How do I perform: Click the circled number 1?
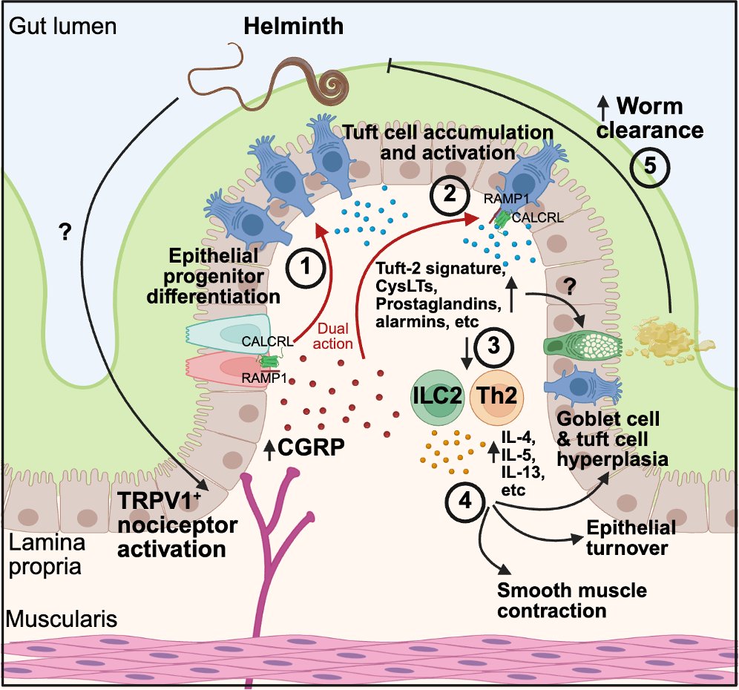click(306, 268)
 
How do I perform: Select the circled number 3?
click(493, 346)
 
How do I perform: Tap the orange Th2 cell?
click(496, 395)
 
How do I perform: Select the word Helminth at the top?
click(293, 26)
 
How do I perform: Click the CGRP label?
click(311, 447)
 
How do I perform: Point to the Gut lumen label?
click(62, 26)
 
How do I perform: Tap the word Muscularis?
click(62, 619)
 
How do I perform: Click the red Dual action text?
click(332, 336)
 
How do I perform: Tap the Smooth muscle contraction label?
click(572, 600)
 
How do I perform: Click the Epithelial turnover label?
click(631, 538)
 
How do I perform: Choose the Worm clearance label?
click(651, 118)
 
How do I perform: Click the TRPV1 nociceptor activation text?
click(177, 525)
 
